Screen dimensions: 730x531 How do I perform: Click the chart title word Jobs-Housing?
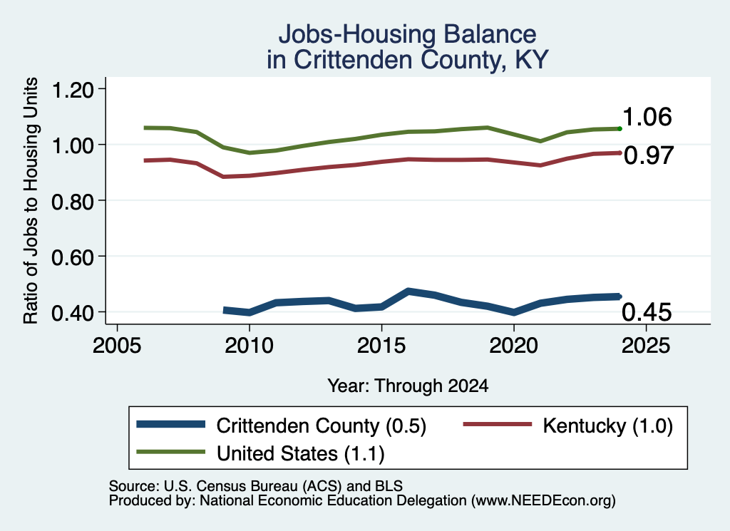click(357, 34)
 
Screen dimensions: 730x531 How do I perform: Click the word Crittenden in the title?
click(353, 60)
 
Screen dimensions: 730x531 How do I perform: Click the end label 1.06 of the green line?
click(647, 117)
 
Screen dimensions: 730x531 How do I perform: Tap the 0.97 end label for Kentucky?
click(649, 155)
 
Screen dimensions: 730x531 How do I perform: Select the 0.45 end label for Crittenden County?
click(647, 311)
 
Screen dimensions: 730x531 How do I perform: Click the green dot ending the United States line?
click(620, 128)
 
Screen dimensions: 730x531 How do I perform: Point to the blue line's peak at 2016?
click(408, 292)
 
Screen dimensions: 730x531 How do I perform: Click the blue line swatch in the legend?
click(171, 424)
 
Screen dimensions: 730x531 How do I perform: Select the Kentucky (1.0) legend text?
click(607, 426)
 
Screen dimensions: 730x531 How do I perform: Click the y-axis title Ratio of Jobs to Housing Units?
click(31, 200)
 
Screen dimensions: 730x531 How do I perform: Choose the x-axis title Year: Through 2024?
click(408, 386)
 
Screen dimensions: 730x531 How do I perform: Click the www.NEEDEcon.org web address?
click(543, 501)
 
